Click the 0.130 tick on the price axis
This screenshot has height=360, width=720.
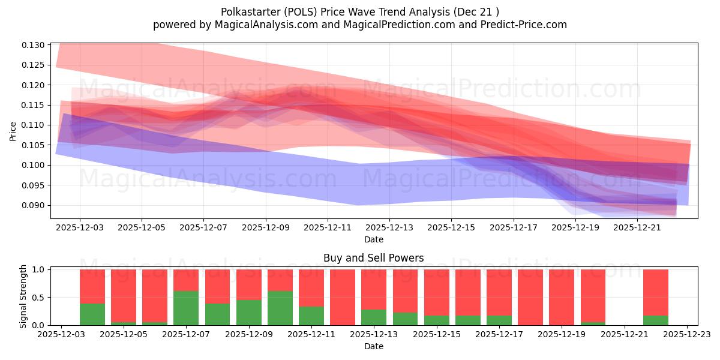[34, 45]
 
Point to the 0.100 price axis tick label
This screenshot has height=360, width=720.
[34, 165]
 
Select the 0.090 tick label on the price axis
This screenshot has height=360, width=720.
[34, 205]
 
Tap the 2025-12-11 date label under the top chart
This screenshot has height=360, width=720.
[328, 228]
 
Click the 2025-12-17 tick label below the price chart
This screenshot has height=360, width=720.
[514, 228]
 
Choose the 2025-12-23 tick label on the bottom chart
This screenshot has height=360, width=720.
[687, 335]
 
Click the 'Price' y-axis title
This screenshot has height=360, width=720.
[13, 130]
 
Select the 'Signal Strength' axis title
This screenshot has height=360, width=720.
[23, 296]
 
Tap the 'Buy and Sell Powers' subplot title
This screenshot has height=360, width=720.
[373, 258]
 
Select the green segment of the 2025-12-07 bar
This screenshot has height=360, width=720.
[186, 308]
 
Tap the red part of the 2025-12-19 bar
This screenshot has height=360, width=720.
[562, 297]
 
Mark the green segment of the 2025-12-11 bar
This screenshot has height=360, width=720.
[311, 316]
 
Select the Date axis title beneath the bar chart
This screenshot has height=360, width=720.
[373, 346]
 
